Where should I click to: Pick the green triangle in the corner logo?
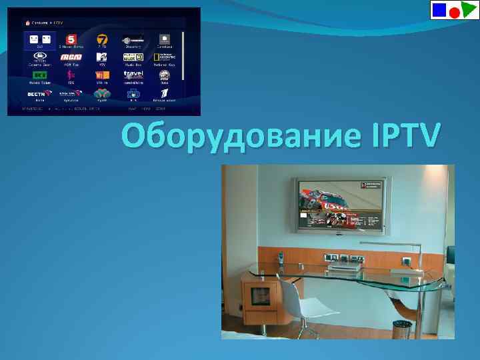tap(467, 9)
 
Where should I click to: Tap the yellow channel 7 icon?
tap(102, 39)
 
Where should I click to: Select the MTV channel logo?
tap(102, 57)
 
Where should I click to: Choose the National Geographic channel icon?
tap(164, 57)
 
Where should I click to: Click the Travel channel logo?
tap(133, 75)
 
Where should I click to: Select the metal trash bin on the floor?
tap(402, 329)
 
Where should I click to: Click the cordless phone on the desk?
tap(281, 258)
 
